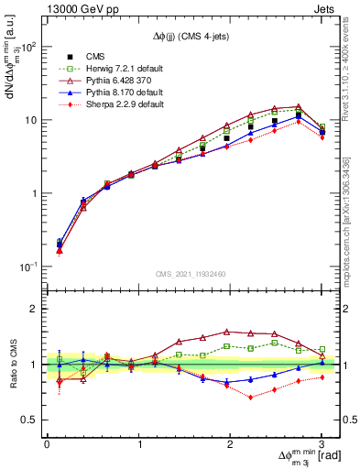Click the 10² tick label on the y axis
pyautogui.click(x=28, y=47)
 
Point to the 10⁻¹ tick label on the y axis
pyautogui.click(x=28, y=267)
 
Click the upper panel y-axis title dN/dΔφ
pyautogui.click(x=13, y=92)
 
